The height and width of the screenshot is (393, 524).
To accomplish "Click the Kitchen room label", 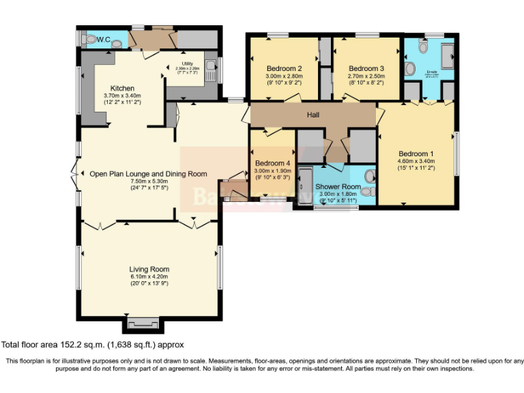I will coord(122,89).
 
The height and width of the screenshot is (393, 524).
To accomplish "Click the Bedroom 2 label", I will coord(285,68).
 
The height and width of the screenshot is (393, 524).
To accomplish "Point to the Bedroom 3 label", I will coord(366,68).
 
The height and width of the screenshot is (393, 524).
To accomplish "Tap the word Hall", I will coord(313,115).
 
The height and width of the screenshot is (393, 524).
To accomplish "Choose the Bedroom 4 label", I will coord(272,164).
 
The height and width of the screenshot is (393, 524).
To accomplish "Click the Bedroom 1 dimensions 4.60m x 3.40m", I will coord(416,161).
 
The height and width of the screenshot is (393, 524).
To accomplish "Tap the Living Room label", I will coord(149,269).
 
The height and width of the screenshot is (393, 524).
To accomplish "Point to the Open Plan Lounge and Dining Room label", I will coord(148,174).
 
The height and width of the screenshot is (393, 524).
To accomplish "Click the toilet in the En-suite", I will coord(410,68).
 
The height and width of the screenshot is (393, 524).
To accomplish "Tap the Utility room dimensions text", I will coord(186,68).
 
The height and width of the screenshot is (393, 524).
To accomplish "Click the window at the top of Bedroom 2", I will coord(278,35).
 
